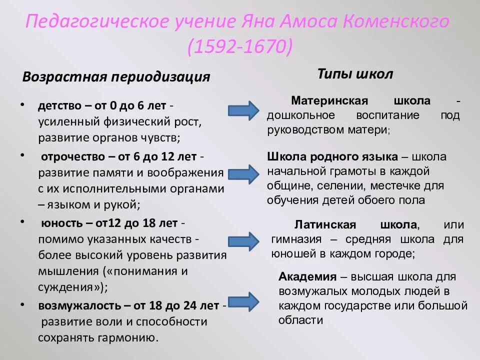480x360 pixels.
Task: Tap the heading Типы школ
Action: pos(355,74)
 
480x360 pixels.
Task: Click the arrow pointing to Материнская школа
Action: pos(243,110)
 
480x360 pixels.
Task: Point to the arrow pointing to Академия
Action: pos(243,301)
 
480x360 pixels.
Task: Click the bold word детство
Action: pos(57,106)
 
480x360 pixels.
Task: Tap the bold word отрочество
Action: pos(71,156)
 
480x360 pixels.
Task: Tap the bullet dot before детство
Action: pos(22,105)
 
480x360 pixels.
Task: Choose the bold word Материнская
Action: pos(329,100)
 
